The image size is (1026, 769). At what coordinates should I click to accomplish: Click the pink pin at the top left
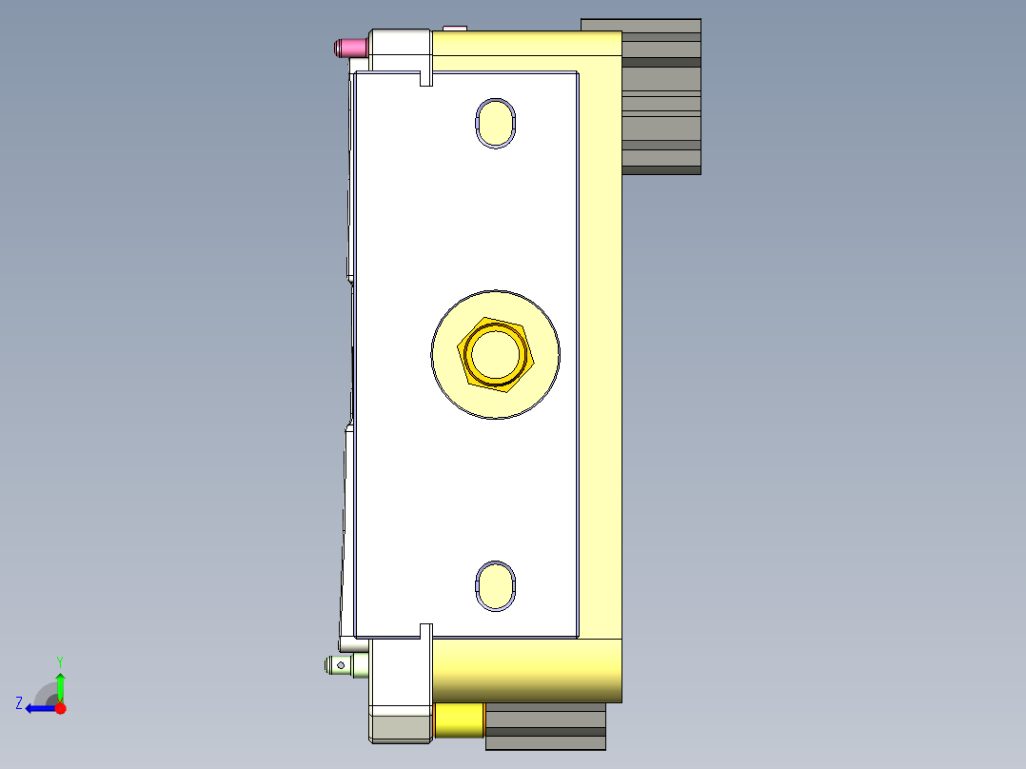[x=349, y=47]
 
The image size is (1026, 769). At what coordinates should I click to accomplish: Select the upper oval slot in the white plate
[x=495, y=123]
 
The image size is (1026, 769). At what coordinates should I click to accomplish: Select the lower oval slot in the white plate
[x=495, y=584]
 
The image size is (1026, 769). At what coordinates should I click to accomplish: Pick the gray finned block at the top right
[x=661, y=95]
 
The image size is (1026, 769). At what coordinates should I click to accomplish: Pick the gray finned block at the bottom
[x=545, y=728]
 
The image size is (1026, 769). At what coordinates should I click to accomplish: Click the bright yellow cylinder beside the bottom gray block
[x=459, y=720]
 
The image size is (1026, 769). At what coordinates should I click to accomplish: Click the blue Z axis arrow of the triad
[x=38, y=708]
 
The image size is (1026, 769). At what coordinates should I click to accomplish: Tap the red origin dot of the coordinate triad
[x=60, y=708]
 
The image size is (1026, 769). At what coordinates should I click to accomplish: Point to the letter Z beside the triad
[x=19, y=703]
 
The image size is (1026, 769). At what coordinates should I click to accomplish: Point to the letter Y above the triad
[x=59, y=661]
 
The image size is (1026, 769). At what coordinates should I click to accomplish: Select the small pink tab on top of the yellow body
[x=454, y=28]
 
